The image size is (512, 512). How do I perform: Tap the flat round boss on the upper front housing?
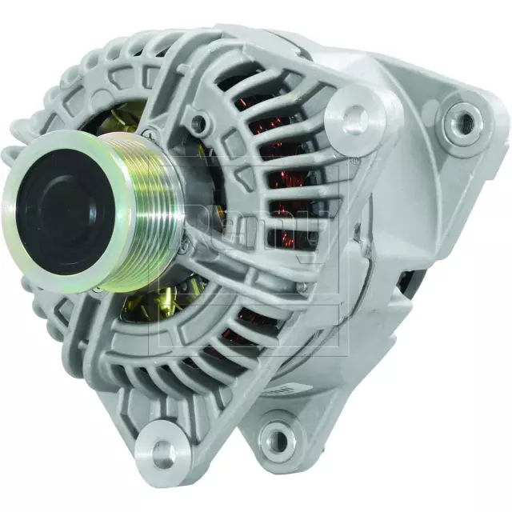[x=353, y=118]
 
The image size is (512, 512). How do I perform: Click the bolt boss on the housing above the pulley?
[x=198, y=124]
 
